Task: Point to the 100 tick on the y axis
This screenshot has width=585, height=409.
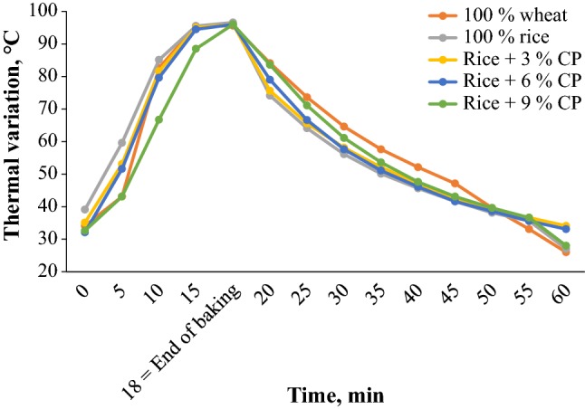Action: [56, 12]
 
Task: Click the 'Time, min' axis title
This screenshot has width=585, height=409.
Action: [336, 395]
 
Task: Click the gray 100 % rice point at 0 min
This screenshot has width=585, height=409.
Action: [85, 209]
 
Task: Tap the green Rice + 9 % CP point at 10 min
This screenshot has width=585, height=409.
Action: [158, 119]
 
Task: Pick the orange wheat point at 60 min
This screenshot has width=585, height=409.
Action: [566, 252]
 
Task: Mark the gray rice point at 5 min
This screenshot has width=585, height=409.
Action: [121, 142]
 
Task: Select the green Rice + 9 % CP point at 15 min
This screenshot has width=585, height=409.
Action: [196, 49]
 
